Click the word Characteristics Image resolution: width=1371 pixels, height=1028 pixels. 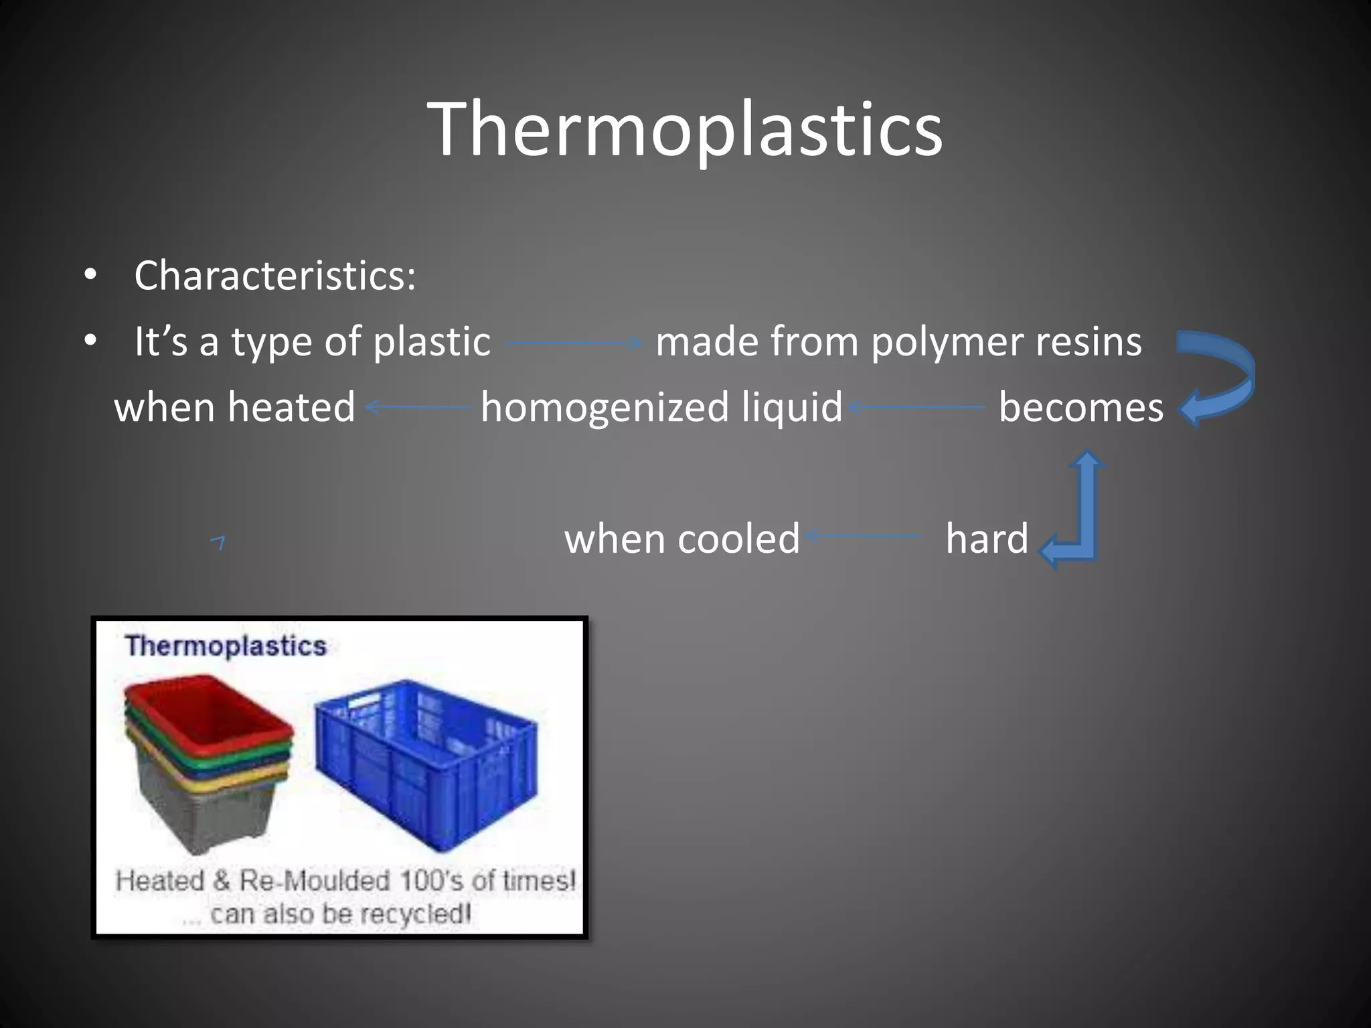pyautogui.click(x=274, y=275)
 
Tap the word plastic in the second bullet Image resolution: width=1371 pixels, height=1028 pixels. pyautogui.click(x=432, y=342)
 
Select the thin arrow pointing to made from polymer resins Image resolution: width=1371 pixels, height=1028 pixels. pyautogui.click(x=573, y=343)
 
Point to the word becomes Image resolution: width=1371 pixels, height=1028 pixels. pyautogui.click(x=1080, y=408)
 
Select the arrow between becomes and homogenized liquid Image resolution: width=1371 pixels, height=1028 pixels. pyautogui.click(x=917, y=406)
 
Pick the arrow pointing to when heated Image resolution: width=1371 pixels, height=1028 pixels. pyautogui.click(x=418, y=406)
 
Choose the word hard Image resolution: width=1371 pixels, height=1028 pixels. pyautogui.click(x=987, y=539)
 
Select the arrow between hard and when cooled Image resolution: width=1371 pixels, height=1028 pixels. pyautogui.click(x=864, y=535)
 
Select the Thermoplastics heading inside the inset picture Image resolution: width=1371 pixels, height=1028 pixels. pyautogui.click(x=226, y=647)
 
